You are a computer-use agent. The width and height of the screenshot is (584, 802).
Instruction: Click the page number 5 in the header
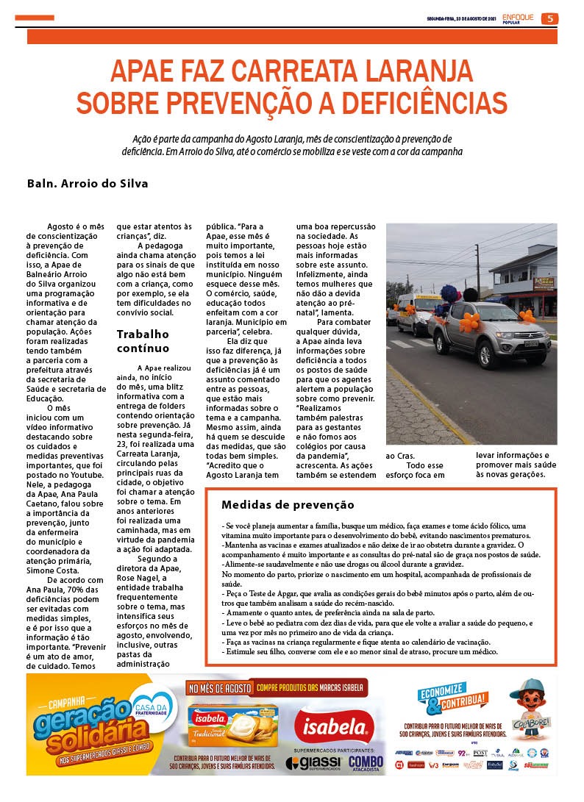tap(549, 19)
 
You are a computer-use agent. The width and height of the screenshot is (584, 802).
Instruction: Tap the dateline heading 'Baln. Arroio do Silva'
tap(88, 184)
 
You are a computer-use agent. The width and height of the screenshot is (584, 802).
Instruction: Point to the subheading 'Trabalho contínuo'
tap(143, 341)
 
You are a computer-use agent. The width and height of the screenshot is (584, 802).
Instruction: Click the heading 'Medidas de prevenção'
tap(288, 505)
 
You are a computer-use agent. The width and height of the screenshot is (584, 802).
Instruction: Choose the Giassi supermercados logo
tap(314, 762)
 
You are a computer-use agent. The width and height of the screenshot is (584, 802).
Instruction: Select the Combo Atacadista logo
tap(366, 763)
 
